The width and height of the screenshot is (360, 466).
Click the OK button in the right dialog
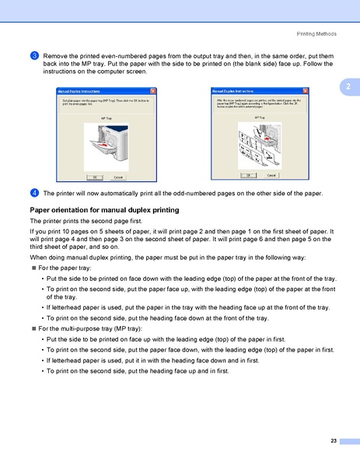point(246,176)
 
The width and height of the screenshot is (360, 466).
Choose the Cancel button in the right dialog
point(266,176)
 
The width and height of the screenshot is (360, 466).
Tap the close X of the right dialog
point(307,91)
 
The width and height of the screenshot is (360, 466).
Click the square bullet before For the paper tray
point(33,268)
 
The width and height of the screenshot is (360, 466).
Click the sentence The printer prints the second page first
point(86,222)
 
